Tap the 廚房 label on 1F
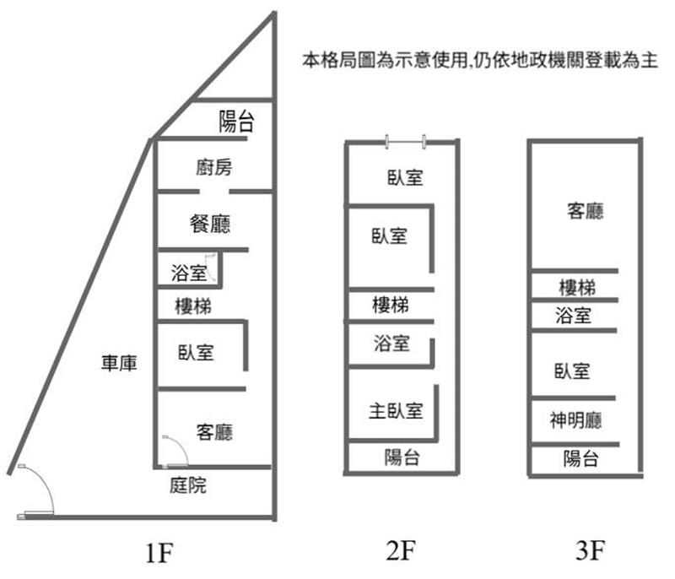213,168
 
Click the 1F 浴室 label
188,273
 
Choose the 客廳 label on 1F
213,432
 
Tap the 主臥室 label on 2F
396,412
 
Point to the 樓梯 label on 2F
391,305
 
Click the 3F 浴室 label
574,317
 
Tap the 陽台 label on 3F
581,459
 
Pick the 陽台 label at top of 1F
236,122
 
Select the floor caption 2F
402,552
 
